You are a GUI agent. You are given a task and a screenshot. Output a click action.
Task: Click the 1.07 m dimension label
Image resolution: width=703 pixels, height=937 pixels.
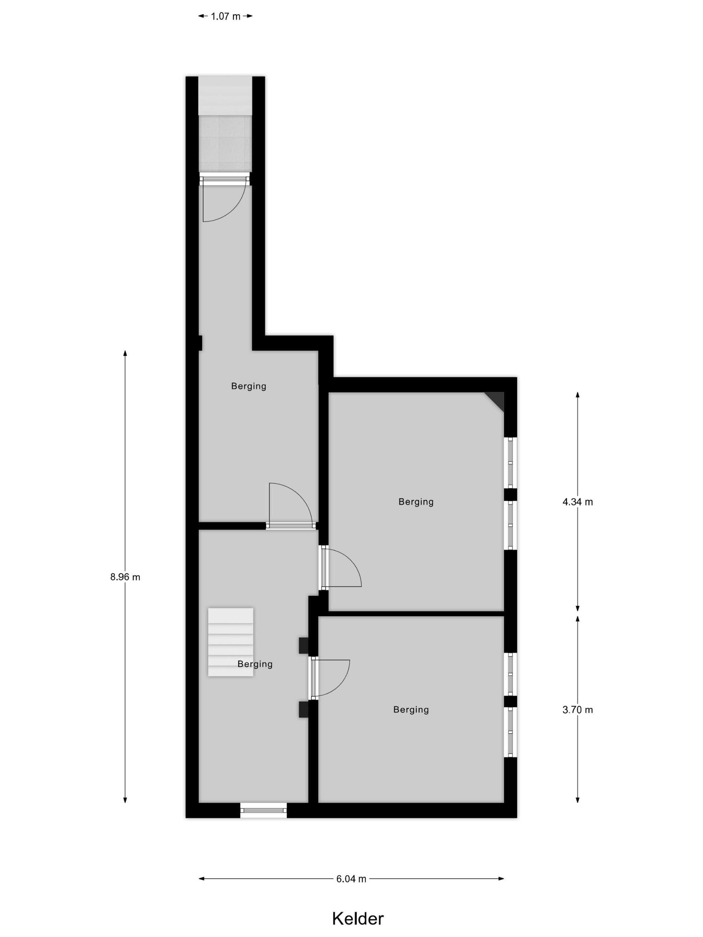[x=225, y=16]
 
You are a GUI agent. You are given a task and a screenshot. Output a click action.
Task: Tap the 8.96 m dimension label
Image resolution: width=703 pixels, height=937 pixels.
[x=125, y=577]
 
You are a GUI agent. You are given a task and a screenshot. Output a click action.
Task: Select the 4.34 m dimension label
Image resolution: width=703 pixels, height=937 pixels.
[x=577, y=502]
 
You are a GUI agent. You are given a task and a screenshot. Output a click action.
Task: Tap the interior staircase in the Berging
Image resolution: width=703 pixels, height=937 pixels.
[x=231, y=642]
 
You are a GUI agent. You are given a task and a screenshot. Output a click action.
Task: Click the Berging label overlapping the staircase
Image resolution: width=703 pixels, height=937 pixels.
[x=255, y=664]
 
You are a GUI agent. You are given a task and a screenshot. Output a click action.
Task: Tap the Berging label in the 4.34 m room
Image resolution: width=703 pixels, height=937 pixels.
[x=416, y=502]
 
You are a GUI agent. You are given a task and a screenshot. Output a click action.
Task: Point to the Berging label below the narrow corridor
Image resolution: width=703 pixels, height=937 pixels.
[x=248, y=386]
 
